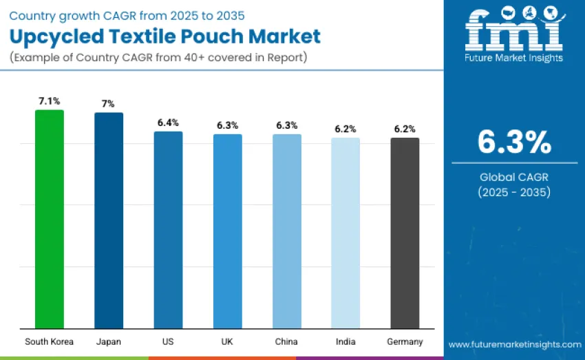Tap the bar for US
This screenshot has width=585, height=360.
(x=168, y=230)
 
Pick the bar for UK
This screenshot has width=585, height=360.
(x=227, y=231)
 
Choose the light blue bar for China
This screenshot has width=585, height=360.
(x=287, y=231)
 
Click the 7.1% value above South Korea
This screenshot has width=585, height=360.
(x=50, y=101)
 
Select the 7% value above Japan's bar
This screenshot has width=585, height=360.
(x=109, y=103)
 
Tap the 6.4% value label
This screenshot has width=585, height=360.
(x=168, y=123)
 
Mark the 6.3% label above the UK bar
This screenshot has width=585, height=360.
(x=227, y=125)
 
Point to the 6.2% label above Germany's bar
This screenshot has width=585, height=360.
(x=405, y=129)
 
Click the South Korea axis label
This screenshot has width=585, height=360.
(x=50, y=342)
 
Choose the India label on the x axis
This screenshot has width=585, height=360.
(x=345, y=342)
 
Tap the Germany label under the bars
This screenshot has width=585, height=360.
(x=405, y=342)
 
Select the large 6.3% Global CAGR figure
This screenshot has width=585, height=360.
(x=514, y=142)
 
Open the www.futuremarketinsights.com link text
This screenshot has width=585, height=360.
(x=515, y=344)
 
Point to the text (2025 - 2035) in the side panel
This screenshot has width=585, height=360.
(x=514, y=193)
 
